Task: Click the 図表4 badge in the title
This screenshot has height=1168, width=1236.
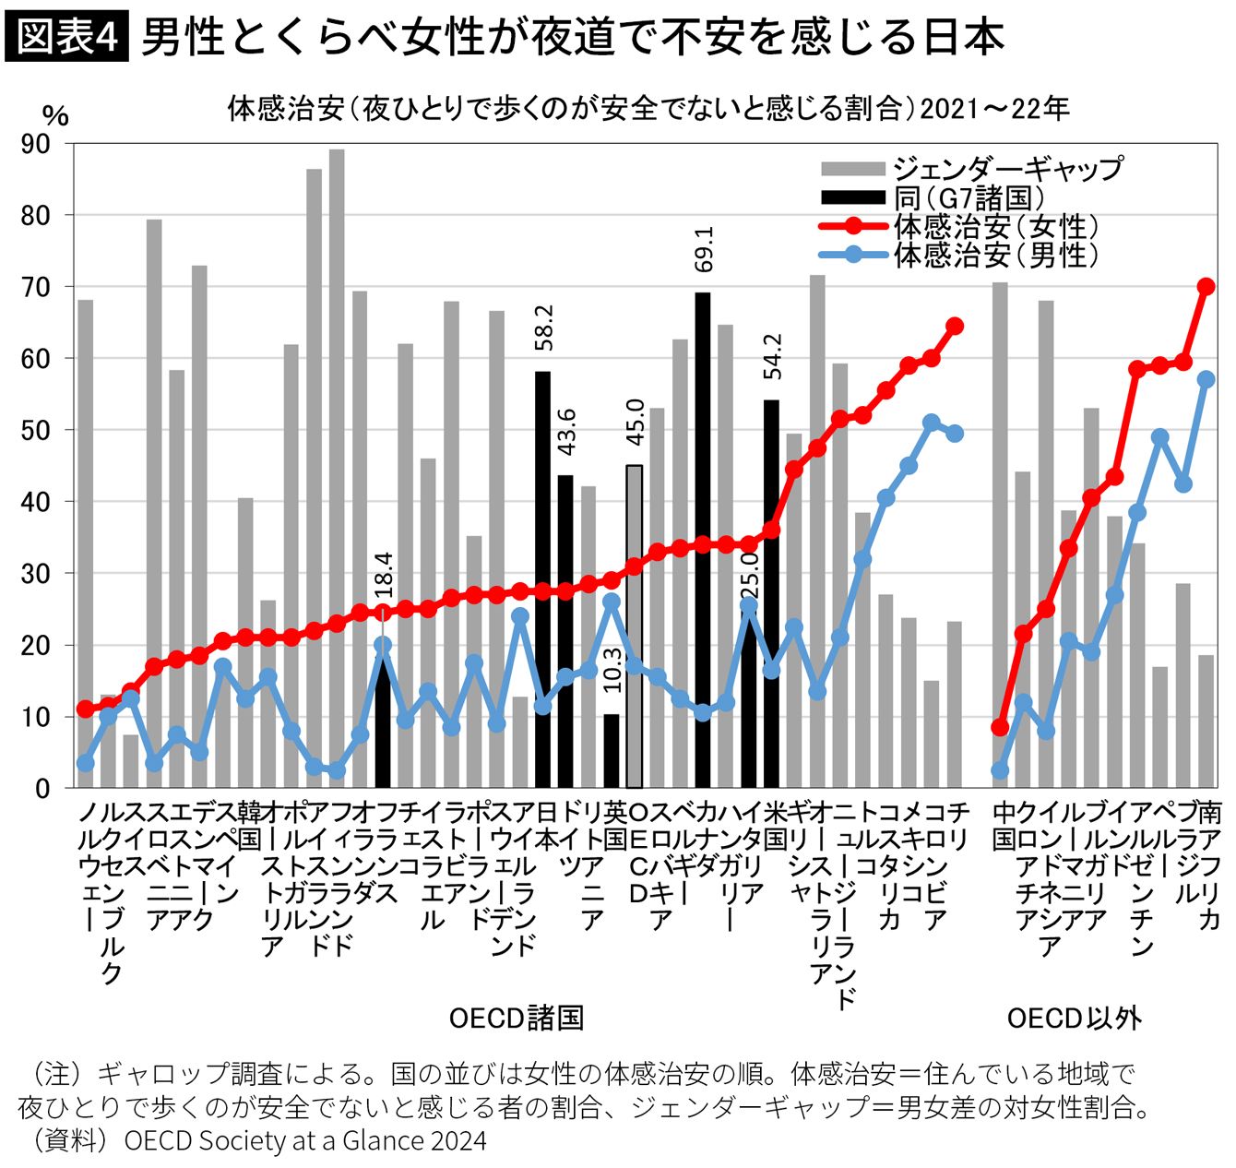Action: click(67, 37)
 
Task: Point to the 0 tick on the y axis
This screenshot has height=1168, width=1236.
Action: click(43, 789)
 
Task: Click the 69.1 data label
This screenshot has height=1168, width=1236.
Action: click(704, 249)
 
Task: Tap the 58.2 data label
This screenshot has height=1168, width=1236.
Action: click(543, 328)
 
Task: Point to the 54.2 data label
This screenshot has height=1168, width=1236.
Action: click(772, 356)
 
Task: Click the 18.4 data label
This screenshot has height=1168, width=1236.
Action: click(384, 574)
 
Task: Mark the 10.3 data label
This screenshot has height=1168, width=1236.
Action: click(612, 669)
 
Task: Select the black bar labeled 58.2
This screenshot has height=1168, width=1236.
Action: click(543, 581)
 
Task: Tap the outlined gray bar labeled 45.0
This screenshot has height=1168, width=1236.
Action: click(635, 627)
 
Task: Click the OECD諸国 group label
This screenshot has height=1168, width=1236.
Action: click(516, 1019)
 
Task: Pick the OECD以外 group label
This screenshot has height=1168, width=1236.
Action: click(1074, 1019)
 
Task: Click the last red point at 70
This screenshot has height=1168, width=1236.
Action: click(1206, 287)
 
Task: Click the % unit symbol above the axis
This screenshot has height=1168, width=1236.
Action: click(55, 116)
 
